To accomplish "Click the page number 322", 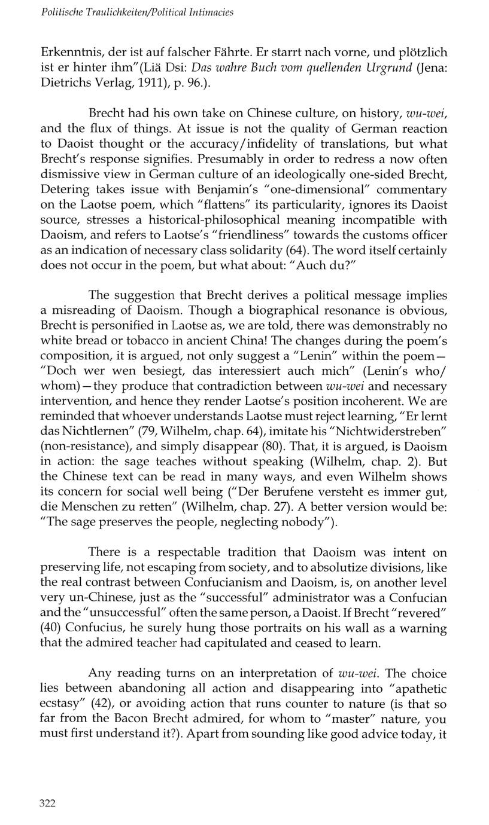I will point(47,803).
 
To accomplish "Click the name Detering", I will point(64,190).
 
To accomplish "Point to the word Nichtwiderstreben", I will point(395,432).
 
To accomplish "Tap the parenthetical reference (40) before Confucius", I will point(51,628).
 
